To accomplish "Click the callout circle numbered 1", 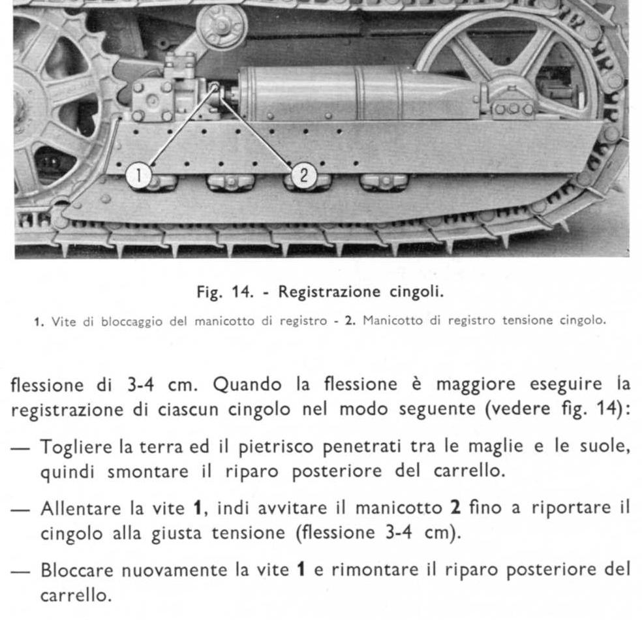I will (139, 175).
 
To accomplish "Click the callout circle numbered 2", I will (303, 175).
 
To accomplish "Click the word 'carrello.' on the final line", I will (72, 595).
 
